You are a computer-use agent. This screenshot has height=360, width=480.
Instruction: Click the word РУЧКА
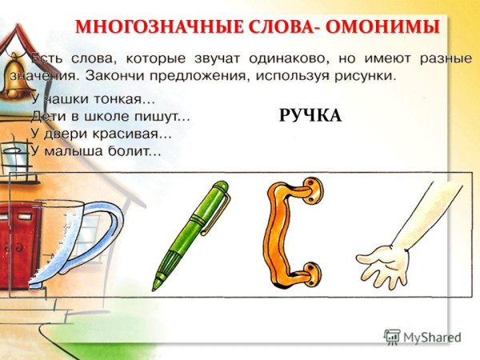[x=310, y=117]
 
